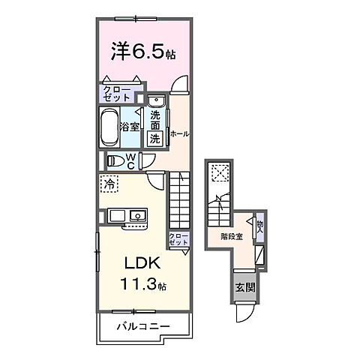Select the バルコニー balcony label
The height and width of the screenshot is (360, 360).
click(142, 326)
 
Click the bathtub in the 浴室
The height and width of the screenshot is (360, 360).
click(110, 126)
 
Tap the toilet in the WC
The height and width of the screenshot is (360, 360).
click(116, 159)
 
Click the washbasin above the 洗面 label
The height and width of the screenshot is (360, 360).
click(156, 101)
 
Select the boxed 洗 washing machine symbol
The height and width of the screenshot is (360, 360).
click(154, 138)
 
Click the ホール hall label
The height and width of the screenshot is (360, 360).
click(178, 133)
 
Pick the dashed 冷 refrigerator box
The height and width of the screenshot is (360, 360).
click(109, 182)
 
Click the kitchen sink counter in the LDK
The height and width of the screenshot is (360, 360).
click(128, 217)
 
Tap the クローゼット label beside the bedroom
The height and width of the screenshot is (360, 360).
click(117, 94)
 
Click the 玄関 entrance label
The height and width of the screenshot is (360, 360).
click(244, 286)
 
